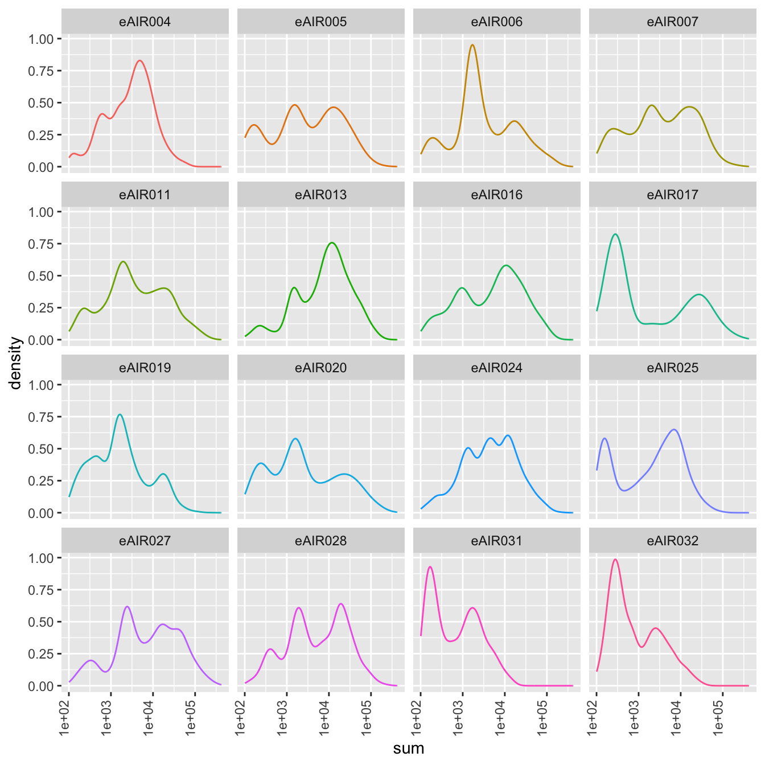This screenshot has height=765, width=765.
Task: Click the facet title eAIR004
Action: (145, 22)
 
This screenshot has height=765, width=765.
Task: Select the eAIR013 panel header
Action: (320, 195)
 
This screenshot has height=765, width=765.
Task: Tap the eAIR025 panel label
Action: (672, 368)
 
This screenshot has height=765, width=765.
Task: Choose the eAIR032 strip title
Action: (672, 541)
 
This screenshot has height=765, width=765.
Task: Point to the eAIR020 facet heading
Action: (320, 368)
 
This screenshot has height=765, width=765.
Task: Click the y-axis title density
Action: (15, 363)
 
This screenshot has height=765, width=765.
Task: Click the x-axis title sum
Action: (409, 748)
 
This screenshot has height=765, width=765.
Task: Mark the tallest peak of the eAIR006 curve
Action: (472, 45)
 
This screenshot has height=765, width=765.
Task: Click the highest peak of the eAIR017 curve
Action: (615, 234)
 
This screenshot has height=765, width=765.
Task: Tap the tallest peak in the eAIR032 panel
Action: (615, 560)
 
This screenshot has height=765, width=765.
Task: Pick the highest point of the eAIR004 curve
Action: (140, 60)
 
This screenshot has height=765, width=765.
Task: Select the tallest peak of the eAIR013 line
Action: (332, 242)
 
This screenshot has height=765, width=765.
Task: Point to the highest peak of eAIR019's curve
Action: (120, 414)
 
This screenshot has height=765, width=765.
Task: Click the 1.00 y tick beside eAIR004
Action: (40, 39)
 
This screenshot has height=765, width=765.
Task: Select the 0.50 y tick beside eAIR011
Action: (40, 276)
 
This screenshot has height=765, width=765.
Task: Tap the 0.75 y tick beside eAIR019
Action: (40, 417)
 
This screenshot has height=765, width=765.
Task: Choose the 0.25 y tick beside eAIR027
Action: (40, 654)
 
